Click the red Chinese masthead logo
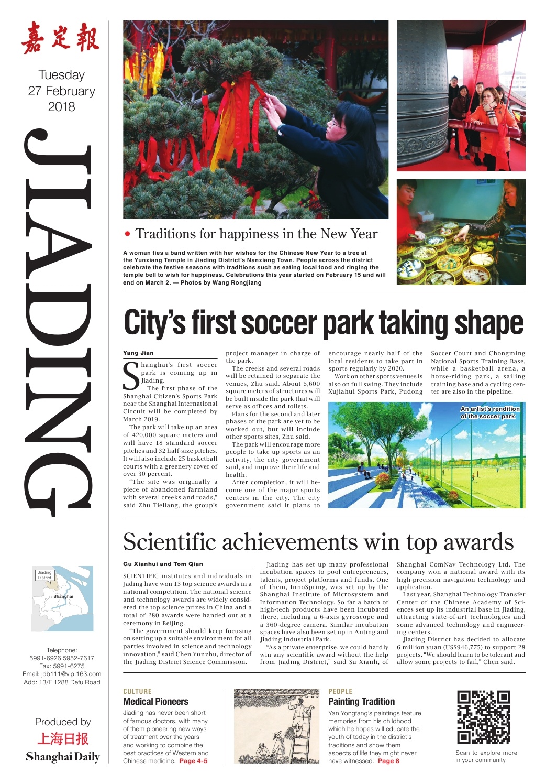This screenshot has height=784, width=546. pyautogui.click(x=61, y=38)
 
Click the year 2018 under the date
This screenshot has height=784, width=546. pyautogui.click(x=61, y=107)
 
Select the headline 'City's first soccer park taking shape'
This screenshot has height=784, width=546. pyautogui.click(x=323, y=323)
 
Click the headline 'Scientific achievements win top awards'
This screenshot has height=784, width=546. pyautogui.click(x=318, y=542)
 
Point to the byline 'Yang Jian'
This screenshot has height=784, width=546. pyautogui.click(x=138, y=353)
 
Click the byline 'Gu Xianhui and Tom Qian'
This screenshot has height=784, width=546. pyautogui.click(x=163, y=564)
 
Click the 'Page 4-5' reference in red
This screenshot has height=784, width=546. pyautogui.click(x=193, y=761)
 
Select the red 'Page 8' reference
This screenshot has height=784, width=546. pyautogui.click(x=388, y=761)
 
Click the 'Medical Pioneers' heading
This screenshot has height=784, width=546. pyautogui.click(x=155, y=702)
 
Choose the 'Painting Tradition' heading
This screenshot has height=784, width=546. pyautogui.click(x=361, y=702)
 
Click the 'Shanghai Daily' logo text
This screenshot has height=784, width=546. pyautogui.click(x=62, y=757)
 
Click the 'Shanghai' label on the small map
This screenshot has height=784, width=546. pyautogui.click(x=63, y=596)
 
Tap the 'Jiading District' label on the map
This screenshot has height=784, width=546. pyautogui.click(x=44, y=575)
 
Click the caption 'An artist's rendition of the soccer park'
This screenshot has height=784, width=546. pyautogui.click(x=490, y=412)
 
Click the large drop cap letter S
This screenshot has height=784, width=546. pyautogui.click(x=131, y=376)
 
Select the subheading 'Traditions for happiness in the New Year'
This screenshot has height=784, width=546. pyautogui.click(x=256, y=234)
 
